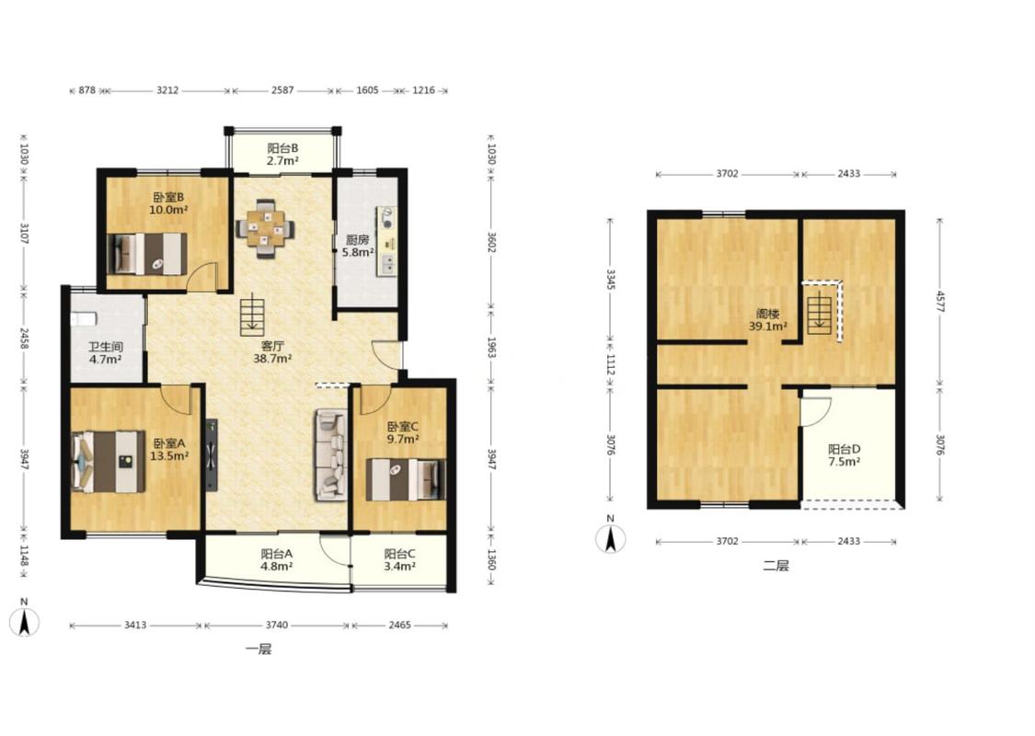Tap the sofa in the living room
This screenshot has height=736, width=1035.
point(330,454)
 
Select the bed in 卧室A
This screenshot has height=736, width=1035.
point(109,462)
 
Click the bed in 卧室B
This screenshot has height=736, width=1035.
point(147,253)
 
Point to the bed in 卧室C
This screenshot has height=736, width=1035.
point(406,479)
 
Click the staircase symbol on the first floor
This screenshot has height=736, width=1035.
point(251,314)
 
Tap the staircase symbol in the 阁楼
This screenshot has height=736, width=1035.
point(819,312)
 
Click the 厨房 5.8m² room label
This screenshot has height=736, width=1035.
point(359,246)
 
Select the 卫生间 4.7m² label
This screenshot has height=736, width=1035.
point(106,353)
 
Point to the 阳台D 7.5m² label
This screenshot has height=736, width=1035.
point(845,455)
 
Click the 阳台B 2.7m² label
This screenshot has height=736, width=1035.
point(282,155)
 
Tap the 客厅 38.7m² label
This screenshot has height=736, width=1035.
point(272,351)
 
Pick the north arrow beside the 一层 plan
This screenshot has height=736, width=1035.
point(25,618)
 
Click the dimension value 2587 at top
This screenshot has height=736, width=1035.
point(282,90)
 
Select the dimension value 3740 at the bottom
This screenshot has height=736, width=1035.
point(277,625)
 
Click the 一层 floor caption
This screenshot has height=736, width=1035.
point(259,650)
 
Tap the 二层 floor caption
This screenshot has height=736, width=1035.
point(776,566)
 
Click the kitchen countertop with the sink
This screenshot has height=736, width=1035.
point(386,241)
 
